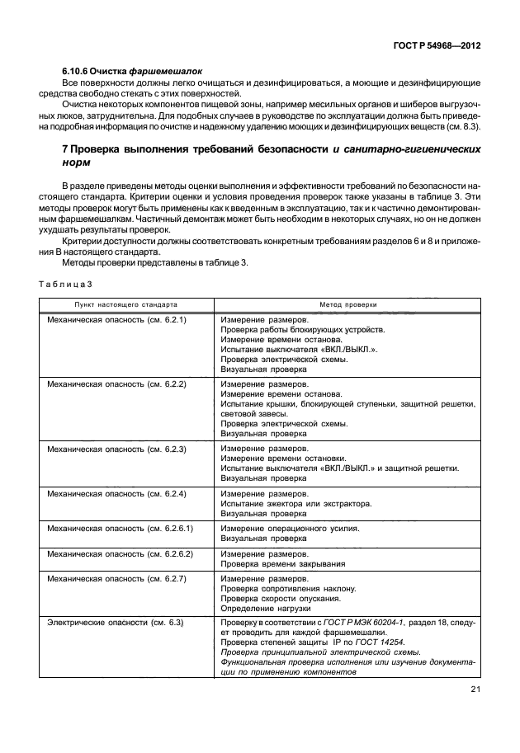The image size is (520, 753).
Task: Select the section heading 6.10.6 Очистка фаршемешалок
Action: [x=132, y=72]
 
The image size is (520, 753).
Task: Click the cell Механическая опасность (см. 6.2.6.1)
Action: [x=121, y=527]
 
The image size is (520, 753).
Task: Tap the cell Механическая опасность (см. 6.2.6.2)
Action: [x=121, y=553]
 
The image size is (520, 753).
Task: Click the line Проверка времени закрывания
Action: [x=282, y=564]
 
